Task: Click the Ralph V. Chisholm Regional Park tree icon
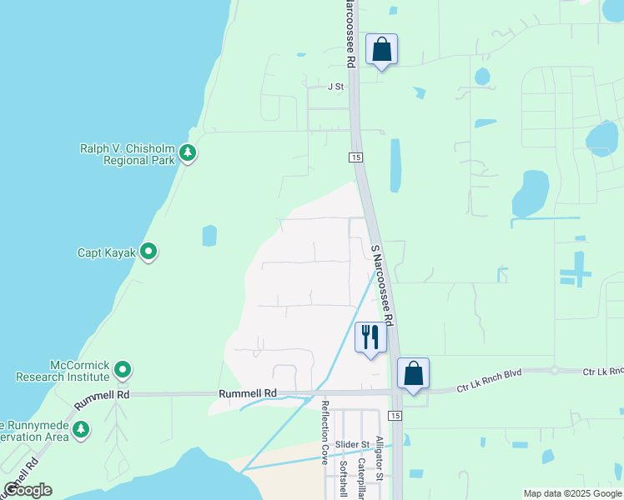(x=189, y=152)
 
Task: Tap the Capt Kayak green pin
(x=148, y=251)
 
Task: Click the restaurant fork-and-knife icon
(x=370, y=337)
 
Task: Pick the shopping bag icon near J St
(x=381, y=49)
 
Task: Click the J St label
(x=335, y=86)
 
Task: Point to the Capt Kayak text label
(x=106, y=252)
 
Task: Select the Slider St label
(x=353, y=445)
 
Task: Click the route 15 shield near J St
(x=356, y=157)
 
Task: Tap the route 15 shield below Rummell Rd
(x=395, y=415)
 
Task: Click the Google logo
(x=28, y=490)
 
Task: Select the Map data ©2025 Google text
(x=571, y=493)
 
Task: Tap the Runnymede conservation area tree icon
(x=81, y=430)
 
